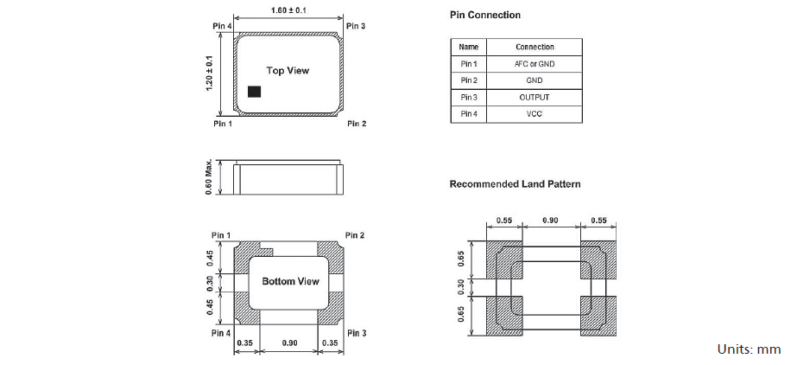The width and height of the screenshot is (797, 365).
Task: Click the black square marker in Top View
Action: tap(254, 91)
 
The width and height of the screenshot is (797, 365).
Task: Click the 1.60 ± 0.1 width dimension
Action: tap(287, 10)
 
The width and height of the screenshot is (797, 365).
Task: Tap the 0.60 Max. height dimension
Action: tap(209, 177)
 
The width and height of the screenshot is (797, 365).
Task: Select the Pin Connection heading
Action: tap(484, 16)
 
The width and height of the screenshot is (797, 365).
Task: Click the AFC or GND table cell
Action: tap(534, 64)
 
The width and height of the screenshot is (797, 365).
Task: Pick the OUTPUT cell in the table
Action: tap(534, 97)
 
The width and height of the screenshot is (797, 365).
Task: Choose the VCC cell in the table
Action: tap(534, 113)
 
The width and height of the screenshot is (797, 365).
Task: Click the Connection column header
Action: tap(534, 47)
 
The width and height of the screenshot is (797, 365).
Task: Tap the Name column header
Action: tap(469, 47)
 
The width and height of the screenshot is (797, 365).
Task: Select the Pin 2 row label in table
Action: tap(469, 80)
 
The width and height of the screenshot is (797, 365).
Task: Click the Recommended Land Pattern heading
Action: tap(515, 184)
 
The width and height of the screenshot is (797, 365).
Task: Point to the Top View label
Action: tap(288, 71)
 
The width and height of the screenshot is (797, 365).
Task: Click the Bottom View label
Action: tap(290, 281)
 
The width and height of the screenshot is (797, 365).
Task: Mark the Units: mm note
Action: tap(748, 349)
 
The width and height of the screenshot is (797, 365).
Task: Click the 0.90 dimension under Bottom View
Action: tap(290, 343)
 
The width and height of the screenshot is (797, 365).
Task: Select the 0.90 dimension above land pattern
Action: tap(549, 221)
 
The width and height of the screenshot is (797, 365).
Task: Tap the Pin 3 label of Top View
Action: tap(356, 27)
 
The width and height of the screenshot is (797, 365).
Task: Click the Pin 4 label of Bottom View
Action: tap(221, 333)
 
